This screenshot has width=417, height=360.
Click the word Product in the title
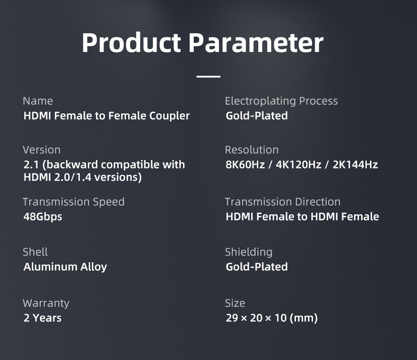131,43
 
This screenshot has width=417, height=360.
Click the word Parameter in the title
256,43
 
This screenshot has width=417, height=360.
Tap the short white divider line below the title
208,77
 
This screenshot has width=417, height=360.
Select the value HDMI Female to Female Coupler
106,116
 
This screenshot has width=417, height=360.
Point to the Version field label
41,150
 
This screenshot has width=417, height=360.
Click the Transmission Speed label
74,202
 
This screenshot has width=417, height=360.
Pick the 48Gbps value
43,217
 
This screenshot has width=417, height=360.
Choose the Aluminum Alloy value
65,267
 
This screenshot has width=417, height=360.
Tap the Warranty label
46,303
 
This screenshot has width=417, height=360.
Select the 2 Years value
42,318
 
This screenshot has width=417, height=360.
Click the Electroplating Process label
281,101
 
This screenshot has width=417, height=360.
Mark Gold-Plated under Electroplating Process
256,116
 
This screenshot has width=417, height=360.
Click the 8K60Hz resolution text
245,165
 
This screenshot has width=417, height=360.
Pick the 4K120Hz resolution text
299,165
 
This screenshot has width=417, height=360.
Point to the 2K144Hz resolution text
355,165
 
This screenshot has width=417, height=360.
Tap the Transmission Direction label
282,202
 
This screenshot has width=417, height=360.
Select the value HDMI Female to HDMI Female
302,217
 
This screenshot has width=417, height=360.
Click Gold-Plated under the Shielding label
256,267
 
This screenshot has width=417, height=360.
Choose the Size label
235,303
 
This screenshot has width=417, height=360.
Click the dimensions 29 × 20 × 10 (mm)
271,318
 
